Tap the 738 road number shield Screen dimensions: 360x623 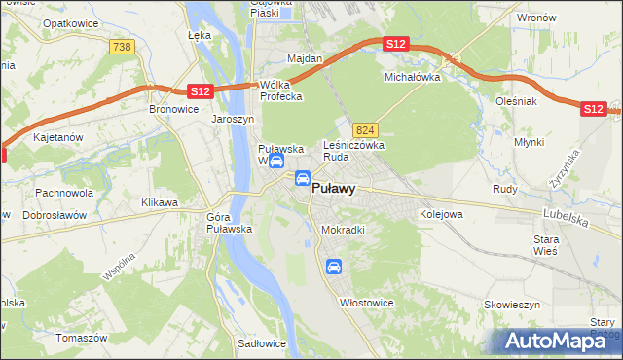122,47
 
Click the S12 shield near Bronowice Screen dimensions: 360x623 200,91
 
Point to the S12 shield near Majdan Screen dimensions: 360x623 395,44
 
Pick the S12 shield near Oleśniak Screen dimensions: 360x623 593,109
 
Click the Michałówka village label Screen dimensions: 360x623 413,76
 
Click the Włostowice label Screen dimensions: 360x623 365,303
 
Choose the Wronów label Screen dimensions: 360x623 536,18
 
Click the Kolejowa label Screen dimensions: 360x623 439,213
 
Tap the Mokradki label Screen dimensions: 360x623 343,230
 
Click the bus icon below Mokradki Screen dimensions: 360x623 334,267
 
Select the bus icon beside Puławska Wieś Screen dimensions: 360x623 276,161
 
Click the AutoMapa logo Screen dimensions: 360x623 558,341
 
